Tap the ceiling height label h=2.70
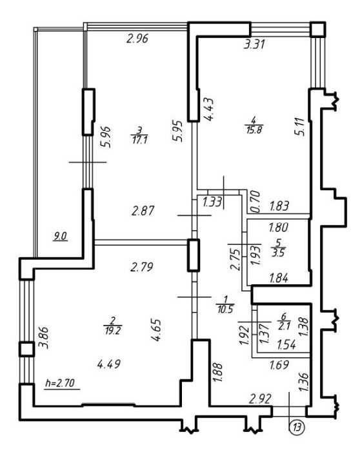coord(60,382)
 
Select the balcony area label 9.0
coord(61,237)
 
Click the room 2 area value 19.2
coord(112,331)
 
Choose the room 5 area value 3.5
coord(278,253)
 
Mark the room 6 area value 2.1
coord(285,327)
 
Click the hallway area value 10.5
coord(225,309)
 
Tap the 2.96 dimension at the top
coord(137,39)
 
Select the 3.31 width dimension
coord(254,44)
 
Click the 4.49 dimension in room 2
coord(109,364)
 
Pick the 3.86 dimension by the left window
coord(44,337)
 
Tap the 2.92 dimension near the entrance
coord(261,399)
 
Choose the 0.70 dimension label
coord(255,202)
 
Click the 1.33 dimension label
coord(212,202)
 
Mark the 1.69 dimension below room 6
coord(279,365)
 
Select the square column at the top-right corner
coord(318,29)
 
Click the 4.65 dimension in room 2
coord(157,329)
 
